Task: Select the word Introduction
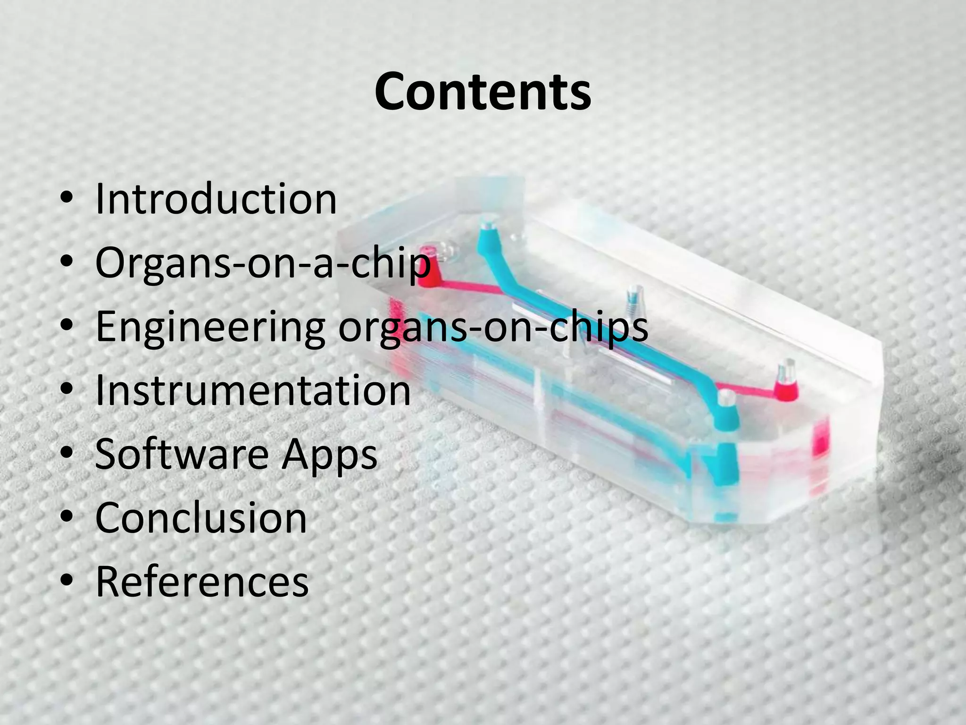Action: tap(216, 199)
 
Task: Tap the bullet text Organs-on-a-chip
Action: tap(263, 262)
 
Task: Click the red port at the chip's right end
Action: tap(785, 385)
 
